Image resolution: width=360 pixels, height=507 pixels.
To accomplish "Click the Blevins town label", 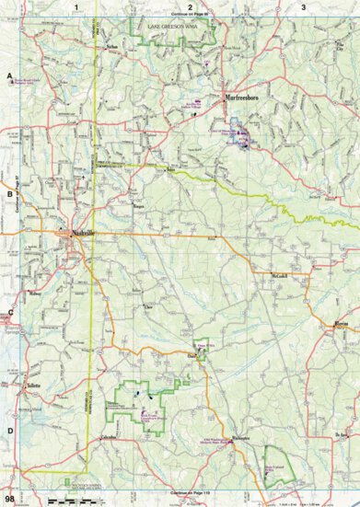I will pyautogui.click(x=342, y=324).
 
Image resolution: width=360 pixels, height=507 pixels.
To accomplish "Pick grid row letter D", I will pyautogui.click(x=9, y=431).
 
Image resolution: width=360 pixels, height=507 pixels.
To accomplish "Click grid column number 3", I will pyautogui.click(x=304, y=6).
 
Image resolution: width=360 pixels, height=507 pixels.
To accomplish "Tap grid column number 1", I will pyautogui.click(x=76, y=6).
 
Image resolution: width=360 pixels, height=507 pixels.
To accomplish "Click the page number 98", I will pyautogui.click(x=9, y=500).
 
